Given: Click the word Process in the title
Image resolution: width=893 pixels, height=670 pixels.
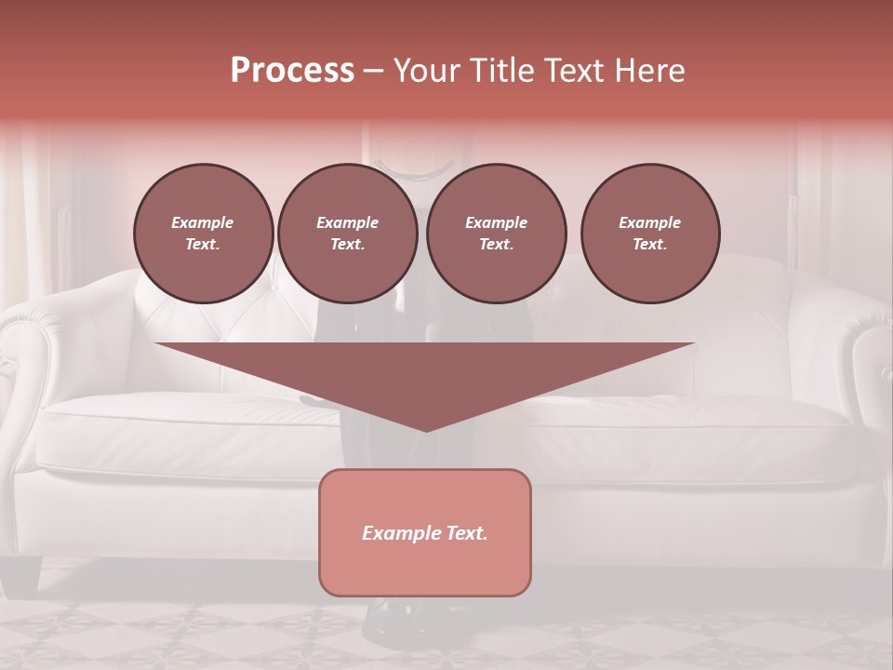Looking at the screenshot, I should (x=292, y=71).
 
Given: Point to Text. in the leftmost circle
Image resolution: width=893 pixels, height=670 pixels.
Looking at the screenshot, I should (x=203, y=245).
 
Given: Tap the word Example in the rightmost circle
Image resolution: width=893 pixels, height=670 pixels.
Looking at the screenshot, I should (x=649, y=222).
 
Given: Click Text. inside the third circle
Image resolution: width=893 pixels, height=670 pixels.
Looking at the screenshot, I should (x=496, y=245).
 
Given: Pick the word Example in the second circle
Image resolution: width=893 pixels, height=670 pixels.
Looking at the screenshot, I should (x=347, y=222).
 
